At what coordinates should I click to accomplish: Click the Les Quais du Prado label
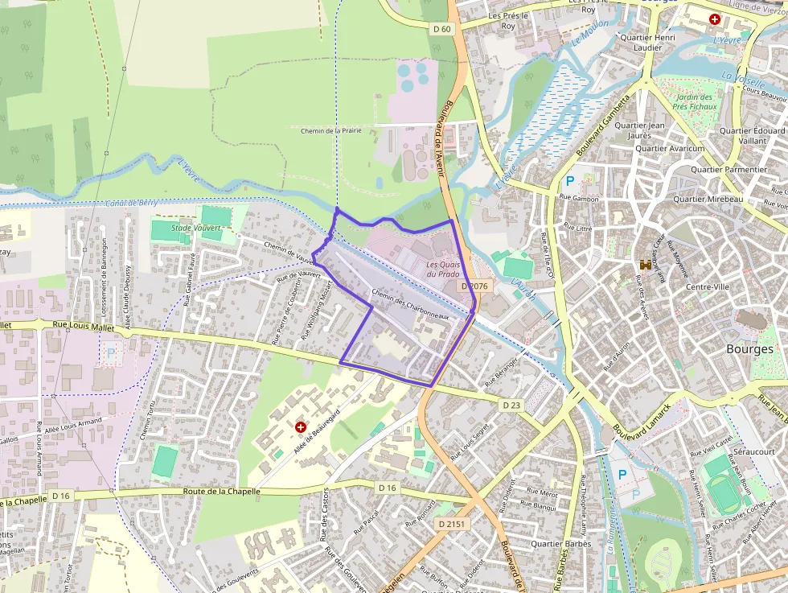pos(443,269)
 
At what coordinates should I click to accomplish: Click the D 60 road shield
pos(442,29)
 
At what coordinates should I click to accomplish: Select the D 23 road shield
pos(511,403)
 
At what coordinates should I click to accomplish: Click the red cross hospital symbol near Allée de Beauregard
pos(301,426)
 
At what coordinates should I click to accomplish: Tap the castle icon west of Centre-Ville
pos(645,264)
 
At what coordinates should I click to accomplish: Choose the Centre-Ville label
pos(707,287)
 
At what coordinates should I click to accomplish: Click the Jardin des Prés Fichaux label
pos(693,101)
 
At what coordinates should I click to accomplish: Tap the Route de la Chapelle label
pos(221,491)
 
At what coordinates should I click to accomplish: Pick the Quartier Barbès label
pos(560,544)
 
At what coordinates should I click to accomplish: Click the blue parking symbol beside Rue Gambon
pos(570,181)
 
